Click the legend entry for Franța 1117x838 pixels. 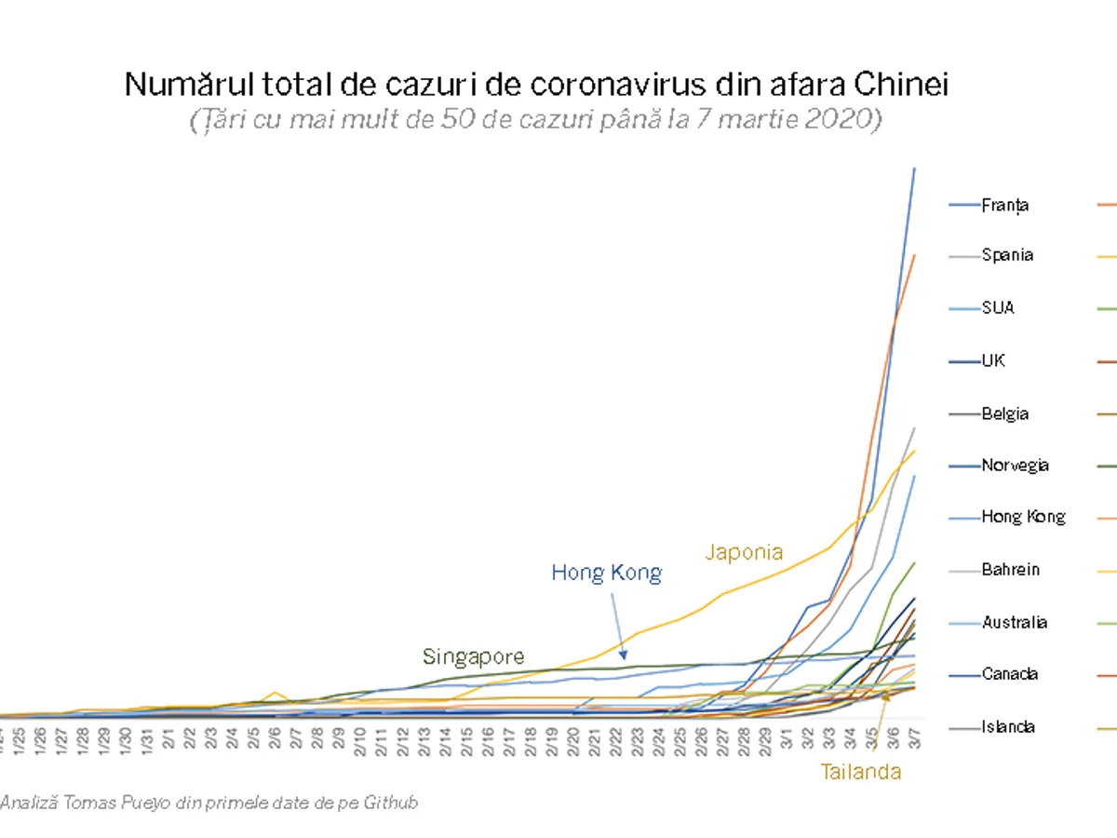point(1004,205)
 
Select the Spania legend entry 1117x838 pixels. point(1007,255)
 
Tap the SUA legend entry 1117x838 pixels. point(998,307)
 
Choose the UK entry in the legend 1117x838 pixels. point(993,360)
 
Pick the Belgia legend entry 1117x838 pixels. point(1005,413)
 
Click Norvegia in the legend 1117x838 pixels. point(1015,466)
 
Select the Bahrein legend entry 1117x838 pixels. point(1011,569)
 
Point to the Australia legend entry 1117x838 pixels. point(1014,622)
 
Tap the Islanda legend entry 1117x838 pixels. point(1008,727)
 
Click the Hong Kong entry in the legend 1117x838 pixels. point(1023,517)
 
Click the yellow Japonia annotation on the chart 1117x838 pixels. point(744,552)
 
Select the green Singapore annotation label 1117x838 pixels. point(473,657)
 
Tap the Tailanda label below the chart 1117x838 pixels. point(860,771)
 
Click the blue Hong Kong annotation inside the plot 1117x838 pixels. point(606,572)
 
